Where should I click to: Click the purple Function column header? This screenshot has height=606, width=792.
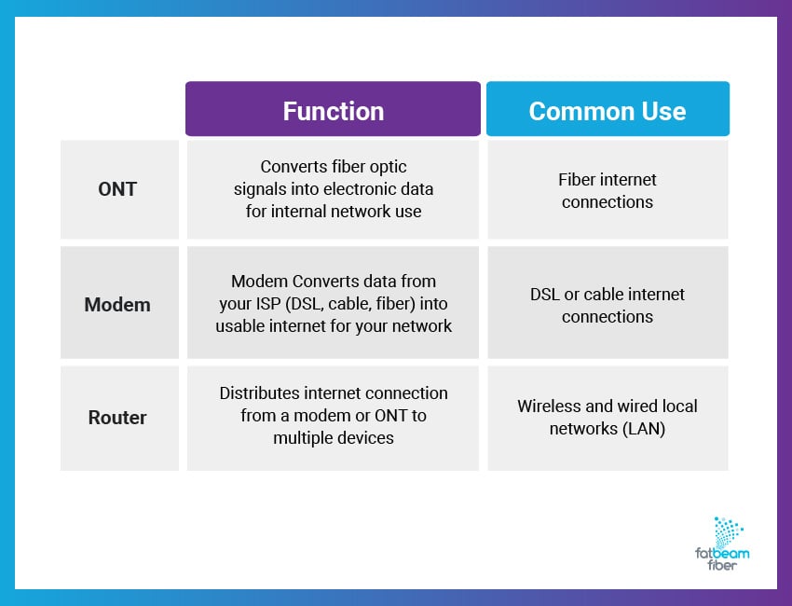[x=333, y=111]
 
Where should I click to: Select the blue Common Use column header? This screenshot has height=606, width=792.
[x=608, y=111]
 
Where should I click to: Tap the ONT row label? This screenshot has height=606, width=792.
[x=117, y=189]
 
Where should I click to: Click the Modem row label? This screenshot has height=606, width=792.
[x=117, y=305]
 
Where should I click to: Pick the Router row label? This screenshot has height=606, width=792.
[x=117, y=418]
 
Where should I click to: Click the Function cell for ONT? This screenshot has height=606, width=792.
[x=333, y=189]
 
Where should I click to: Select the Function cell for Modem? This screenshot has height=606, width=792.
[x=333, y=303]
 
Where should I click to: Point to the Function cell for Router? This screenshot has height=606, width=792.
[x=333, y=416]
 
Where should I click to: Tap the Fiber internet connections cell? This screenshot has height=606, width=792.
[x=608, y=190]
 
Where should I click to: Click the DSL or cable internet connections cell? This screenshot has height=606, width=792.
[x=608, y=305]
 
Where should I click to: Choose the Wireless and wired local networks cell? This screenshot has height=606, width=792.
[x=608, y=417]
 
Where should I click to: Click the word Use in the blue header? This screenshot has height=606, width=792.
[x=664, y=111]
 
